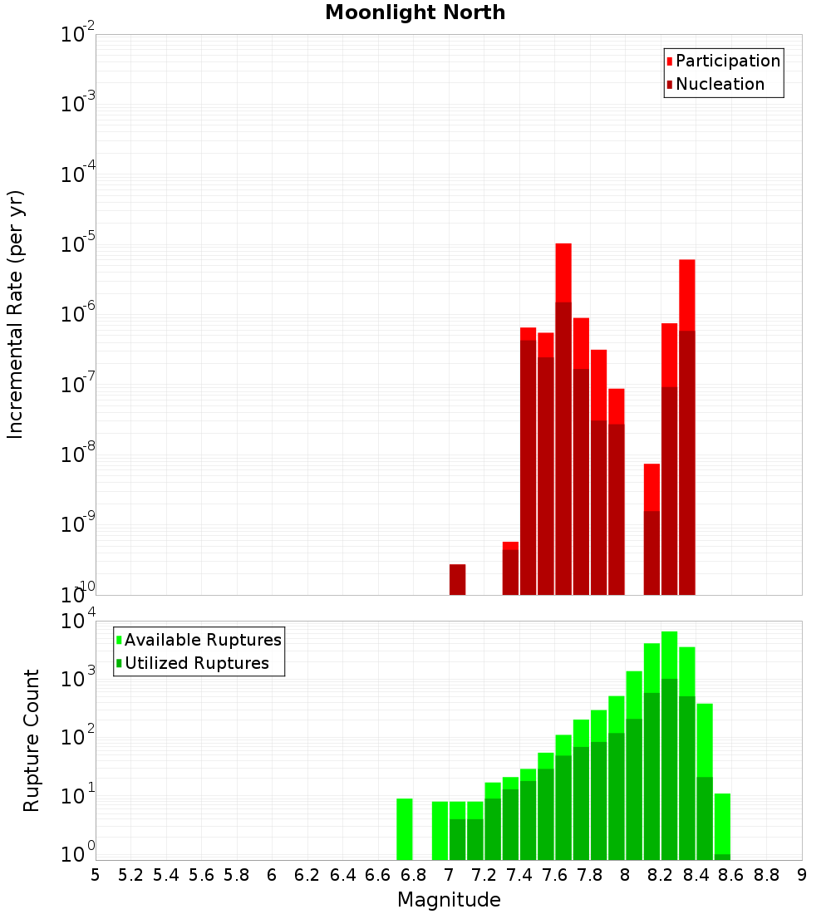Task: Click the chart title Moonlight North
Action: pyautogui.click(x=415, y=13)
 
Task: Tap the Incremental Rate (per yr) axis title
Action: pyautogui.click(x=16, y=315)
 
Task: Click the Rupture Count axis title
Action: pyautogui.click(x=32, y=740)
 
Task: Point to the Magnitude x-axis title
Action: pyautogui.click(x=449, y=900)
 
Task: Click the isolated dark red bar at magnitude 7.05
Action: pyautogui.click(x=457, y=580)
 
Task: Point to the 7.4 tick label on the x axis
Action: pyautogui.click(x=519, y=875)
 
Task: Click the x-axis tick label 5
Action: pyautogui.click(x=96, y=875)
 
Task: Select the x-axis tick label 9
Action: pyautogui.click(x=802, y=875)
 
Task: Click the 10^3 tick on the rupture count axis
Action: pyautogui.click(x=78, y=678)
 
